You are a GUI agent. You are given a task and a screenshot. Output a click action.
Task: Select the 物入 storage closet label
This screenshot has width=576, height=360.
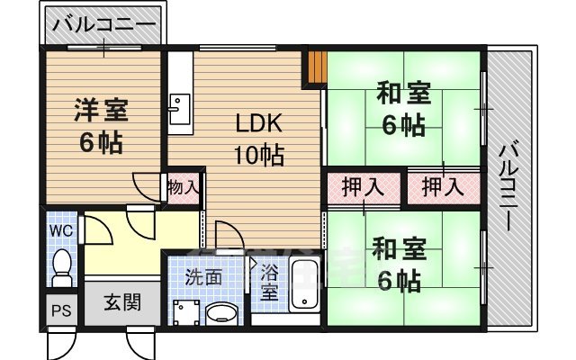[x=184, y=190]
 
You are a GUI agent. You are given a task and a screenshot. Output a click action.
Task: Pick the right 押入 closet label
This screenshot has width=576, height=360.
[x=443, y=188]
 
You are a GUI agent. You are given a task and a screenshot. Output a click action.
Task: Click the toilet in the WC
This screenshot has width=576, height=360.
[x=61, y=265]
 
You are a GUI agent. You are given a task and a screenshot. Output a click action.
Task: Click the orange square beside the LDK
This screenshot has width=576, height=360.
[x=316, y=68]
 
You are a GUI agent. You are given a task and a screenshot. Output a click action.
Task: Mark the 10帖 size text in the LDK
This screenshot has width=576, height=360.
[x=259, y=155]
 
